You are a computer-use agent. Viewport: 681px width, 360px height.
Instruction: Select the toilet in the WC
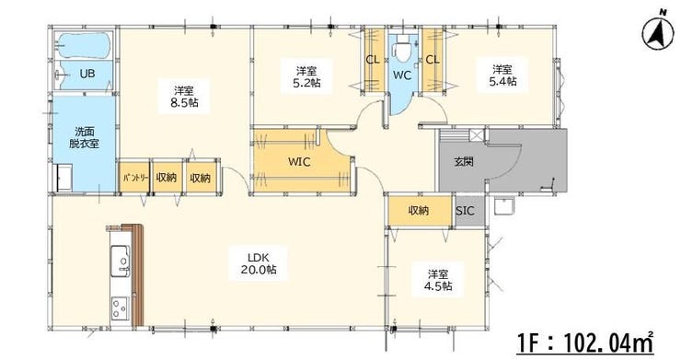point(402,49)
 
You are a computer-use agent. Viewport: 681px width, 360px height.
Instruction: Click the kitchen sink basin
point(120,261)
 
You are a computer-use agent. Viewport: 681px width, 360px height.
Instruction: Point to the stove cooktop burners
point(120,308)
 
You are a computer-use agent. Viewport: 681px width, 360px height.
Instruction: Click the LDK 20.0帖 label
point(259,263)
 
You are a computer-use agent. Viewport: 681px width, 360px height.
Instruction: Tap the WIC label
point(299,162)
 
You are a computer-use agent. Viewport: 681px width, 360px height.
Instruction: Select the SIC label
point(465,211)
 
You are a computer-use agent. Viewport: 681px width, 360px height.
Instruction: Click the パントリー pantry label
point(135,178)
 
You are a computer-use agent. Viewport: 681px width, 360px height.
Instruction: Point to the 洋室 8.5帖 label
point(184,97)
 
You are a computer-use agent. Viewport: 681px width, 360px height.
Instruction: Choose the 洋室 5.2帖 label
point(306,76)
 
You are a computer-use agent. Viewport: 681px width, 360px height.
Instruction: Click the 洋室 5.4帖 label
point(502,75)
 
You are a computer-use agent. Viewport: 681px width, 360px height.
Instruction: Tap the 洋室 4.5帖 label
point(438,281)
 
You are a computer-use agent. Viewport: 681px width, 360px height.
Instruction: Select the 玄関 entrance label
point(464,162)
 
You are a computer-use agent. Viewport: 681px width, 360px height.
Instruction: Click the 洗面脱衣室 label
point(84,137)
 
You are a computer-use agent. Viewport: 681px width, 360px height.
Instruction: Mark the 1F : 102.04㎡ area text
point(585,343)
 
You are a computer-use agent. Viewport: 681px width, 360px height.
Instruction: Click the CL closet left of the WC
point(373,60)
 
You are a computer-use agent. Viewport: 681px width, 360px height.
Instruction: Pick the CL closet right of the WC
point(433,60)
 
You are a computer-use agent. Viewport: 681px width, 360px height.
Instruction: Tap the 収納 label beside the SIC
point(419,211)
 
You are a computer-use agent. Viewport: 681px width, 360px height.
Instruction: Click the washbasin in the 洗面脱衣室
point(65,178)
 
